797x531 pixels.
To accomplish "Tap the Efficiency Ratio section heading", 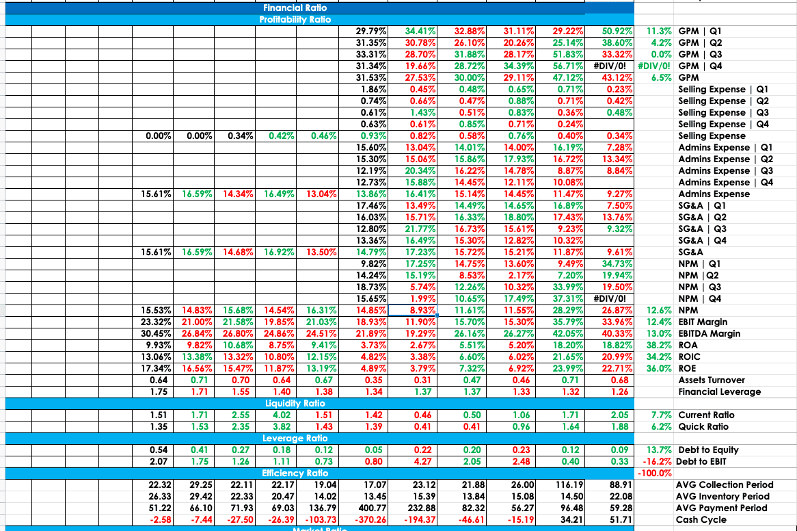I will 295,474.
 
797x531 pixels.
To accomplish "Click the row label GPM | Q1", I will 700,31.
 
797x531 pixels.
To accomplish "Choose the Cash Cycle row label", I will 701,520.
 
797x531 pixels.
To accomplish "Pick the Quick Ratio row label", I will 703,427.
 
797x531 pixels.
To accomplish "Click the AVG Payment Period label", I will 722,508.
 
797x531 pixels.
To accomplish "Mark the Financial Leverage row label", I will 719,392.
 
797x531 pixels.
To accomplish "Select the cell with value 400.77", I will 372,508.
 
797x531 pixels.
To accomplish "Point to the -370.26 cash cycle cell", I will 372,520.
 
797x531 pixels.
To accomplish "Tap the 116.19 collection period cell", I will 567,485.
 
